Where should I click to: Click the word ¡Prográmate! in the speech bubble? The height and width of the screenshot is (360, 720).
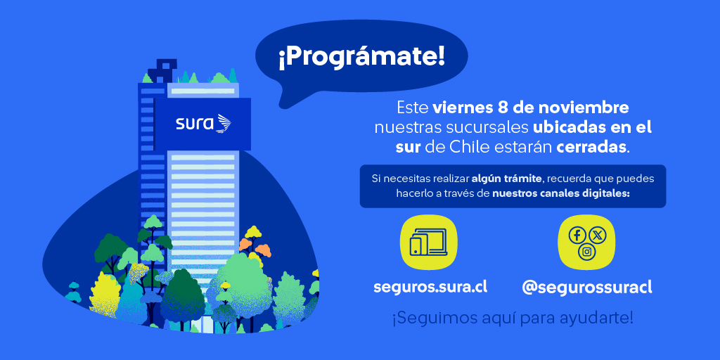361,56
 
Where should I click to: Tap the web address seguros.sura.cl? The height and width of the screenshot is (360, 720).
430,287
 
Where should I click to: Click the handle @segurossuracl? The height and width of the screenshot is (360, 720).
587,288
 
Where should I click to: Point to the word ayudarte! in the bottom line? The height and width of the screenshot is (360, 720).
598,318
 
